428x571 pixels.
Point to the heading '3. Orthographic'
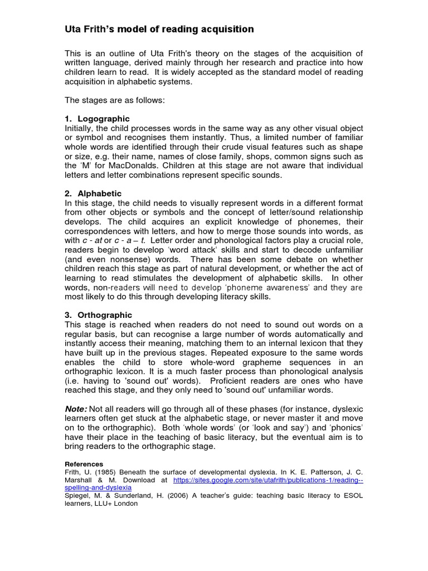click(x=99, y=315)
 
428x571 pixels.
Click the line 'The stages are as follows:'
click(x=115, y=100)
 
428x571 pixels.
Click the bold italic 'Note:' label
click(x=76, y=409)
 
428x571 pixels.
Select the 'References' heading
click(x=84, y=464)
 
